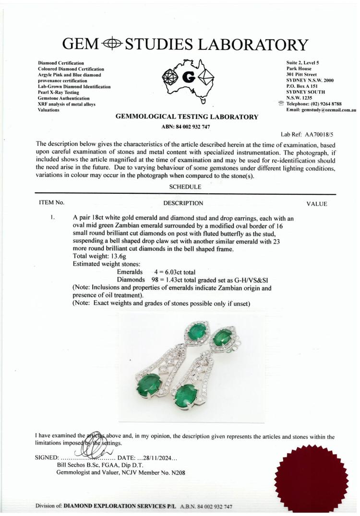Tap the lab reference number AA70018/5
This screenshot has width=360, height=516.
[315, 135]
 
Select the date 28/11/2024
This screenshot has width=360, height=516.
[149, 457]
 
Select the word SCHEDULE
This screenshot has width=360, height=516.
[185, 187]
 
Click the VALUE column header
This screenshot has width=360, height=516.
[316, 204]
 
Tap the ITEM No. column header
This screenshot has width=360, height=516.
[51, 203]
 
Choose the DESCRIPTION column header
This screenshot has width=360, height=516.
[183, 203]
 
